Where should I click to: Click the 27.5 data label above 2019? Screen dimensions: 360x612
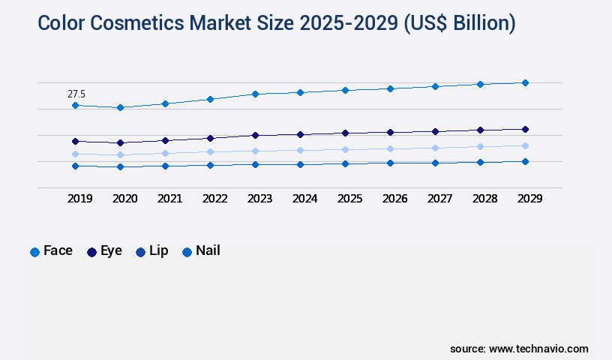click(x=76, y=94)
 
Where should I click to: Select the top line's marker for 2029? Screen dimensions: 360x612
click(x=525, y=82)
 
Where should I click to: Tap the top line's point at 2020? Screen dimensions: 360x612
click(x=120, y=107)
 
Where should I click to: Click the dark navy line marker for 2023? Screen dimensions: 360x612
click(x=255, y=135)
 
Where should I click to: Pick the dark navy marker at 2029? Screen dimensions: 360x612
click(x=525, y=129)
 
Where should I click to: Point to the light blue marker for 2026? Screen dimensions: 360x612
click(x=390, y=148)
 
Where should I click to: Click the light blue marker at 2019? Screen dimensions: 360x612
click(x=75, y=154)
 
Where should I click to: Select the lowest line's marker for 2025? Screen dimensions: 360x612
click(x=345, y=163)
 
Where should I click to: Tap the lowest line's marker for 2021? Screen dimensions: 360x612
click(x=165, y=166)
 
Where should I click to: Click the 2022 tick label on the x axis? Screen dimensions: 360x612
click(x=214, y=199)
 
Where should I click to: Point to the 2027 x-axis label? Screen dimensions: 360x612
click(x=439, y=199)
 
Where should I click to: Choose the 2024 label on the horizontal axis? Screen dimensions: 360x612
click(x=304, y=199)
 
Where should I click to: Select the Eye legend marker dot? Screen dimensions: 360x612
click(x=92, y=252)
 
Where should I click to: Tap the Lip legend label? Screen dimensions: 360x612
click(x=158, y=250)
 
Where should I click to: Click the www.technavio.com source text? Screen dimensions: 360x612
click(x=538, y=349)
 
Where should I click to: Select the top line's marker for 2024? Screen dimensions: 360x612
click(x=300, y=92)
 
